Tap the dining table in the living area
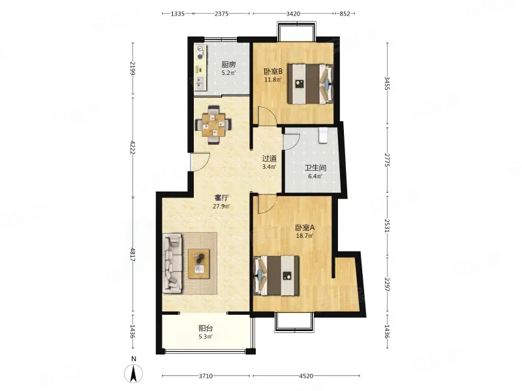(x=213, y=124)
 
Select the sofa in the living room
(x=172, y=263)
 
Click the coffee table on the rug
(x=199, y=264)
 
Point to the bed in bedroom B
(x=311, y=83)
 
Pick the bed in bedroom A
(x=276, y=275)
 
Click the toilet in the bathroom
(x=324, y=136)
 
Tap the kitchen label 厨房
(x=229, y=65)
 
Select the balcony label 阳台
(x=206, y=328)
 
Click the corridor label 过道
(x=269, y=158)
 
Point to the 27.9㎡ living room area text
(x=221, y=206)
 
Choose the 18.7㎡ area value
(x=305, y=236)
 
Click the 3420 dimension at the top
(x=293, y=14)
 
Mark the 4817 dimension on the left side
(x=132, y=255)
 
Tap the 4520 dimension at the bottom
(x=306, y=376)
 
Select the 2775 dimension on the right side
(x=387, y=160)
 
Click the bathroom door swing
(x=292, y=141)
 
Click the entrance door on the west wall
(x=200, y=162)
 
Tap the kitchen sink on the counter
(x=200, y=83)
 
